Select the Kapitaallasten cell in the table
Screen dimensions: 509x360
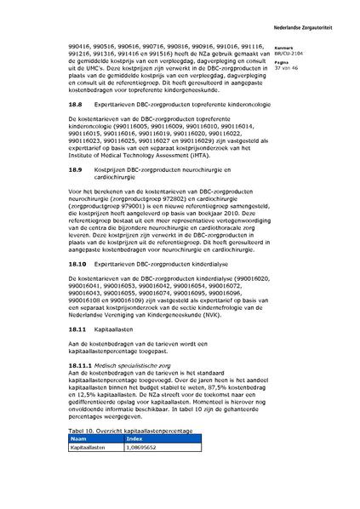88,470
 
